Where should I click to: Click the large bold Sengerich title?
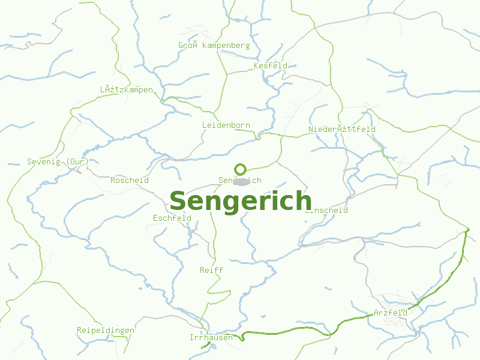(x=241, y=201)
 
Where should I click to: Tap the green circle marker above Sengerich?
(x=241, y=169)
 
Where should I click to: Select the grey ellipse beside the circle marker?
(x=242, y=181)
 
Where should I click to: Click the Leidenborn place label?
(x=226, y=125)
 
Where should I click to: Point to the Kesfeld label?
(x=271, y=65)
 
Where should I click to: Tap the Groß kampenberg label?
(x=214, y=46)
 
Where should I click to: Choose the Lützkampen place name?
(x=127, y=90)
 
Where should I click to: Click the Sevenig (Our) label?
(x=58, y=162)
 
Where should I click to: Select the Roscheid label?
(x=130, y=180)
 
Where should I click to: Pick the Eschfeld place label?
(x=172, y=218)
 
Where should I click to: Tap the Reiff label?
(x=211, y=270)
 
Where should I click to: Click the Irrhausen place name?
(x=211, y=337)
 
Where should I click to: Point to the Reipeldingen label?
(x=106, y=331)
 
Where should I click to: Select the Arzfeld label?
(x=391, y=313)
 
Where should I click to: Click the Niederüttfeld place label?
(x=342, y=129)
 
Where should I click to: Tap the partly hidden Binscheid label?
(x=328, y=211)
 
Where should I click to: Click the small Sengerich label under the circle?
(x=240, y=180)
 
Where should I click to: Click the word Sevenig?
(x=45, y=162)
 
